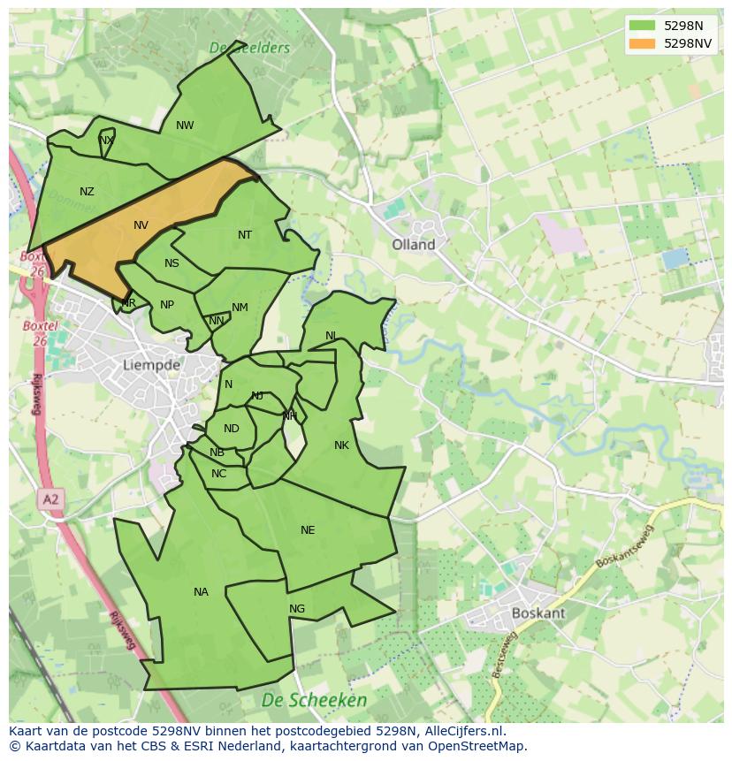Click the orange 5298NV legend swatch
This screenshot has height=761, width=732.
coord(643,43)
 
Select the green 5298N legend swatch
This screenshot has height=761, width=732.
coord(643,26)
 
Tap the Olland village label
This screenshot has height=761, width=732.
coord(414,245)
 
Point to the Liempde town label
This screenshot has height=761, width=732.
coord(151,364)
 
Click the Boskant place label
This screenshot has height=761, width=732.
coord(538,613)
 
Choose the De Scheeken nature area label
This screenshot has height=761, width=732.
coord(314,700)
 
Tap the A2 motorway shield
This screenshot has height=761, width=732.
coord(50,500)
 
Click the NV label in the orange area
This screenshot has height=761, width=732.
coord(141,225)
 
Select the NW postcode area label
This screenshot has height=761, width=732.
coord(185,126)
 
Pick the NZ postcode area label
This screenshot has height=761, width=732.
coord(87,192)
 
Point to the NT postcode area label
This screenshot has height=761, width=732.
coord(245,235)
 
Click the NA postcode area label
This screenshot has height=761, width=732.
coord(201,592)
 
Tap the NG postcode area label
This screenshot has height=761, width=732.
coord(297,609)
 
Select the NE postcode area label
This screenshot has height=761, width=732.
coord(308,530)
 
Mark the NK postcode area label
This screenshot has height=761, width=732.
coord(342,445)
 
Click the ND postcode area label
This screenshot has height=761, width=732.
coord(232,429)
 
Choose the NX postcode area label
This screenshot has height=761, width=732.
coord(106,141)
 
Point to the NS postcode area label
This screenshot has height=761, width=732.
coord(172,263)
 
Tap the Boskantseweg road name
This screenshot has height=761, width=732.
coord(624,548)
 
